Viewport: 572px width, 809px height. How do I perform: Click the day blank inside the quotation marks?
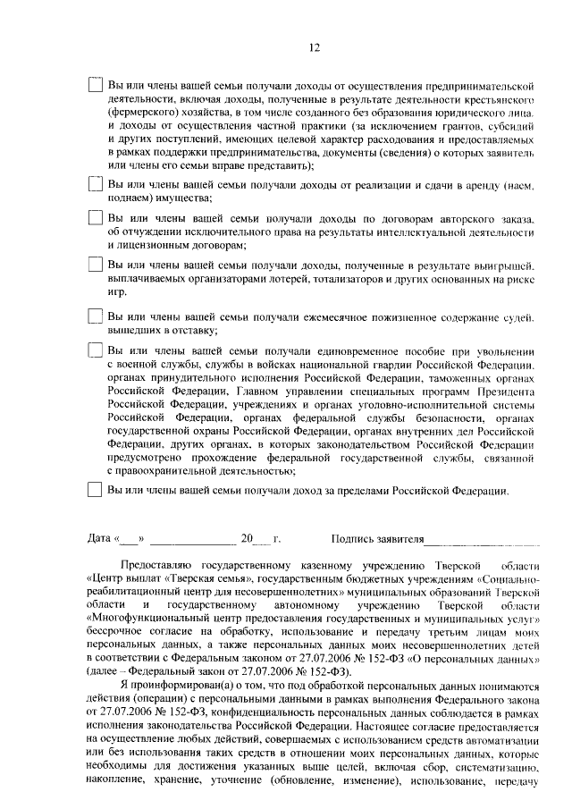tap(130, 541)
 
